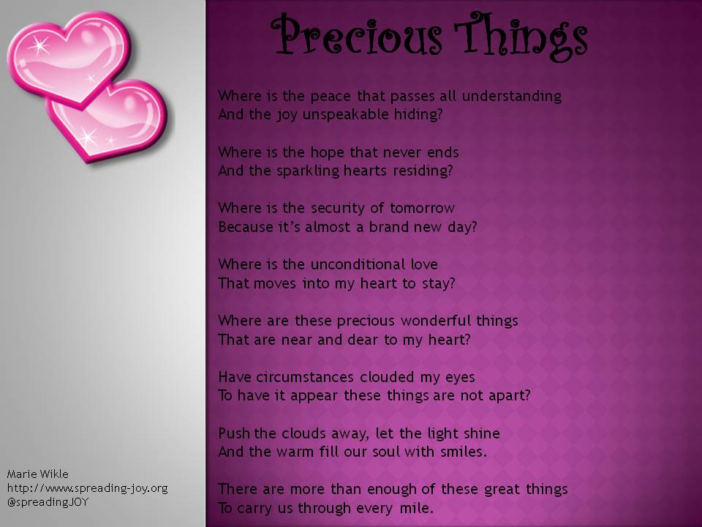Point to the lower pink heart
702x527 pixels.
(x=117, y=121)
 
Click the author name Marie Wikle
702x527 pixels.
(x=37, y=474)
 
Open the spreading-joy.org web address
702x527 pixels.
(x=88, y=488)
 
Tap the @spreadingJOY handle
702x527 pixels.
(x=48, y=503)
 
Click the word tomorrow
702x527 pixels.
(x=421, y=209)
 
